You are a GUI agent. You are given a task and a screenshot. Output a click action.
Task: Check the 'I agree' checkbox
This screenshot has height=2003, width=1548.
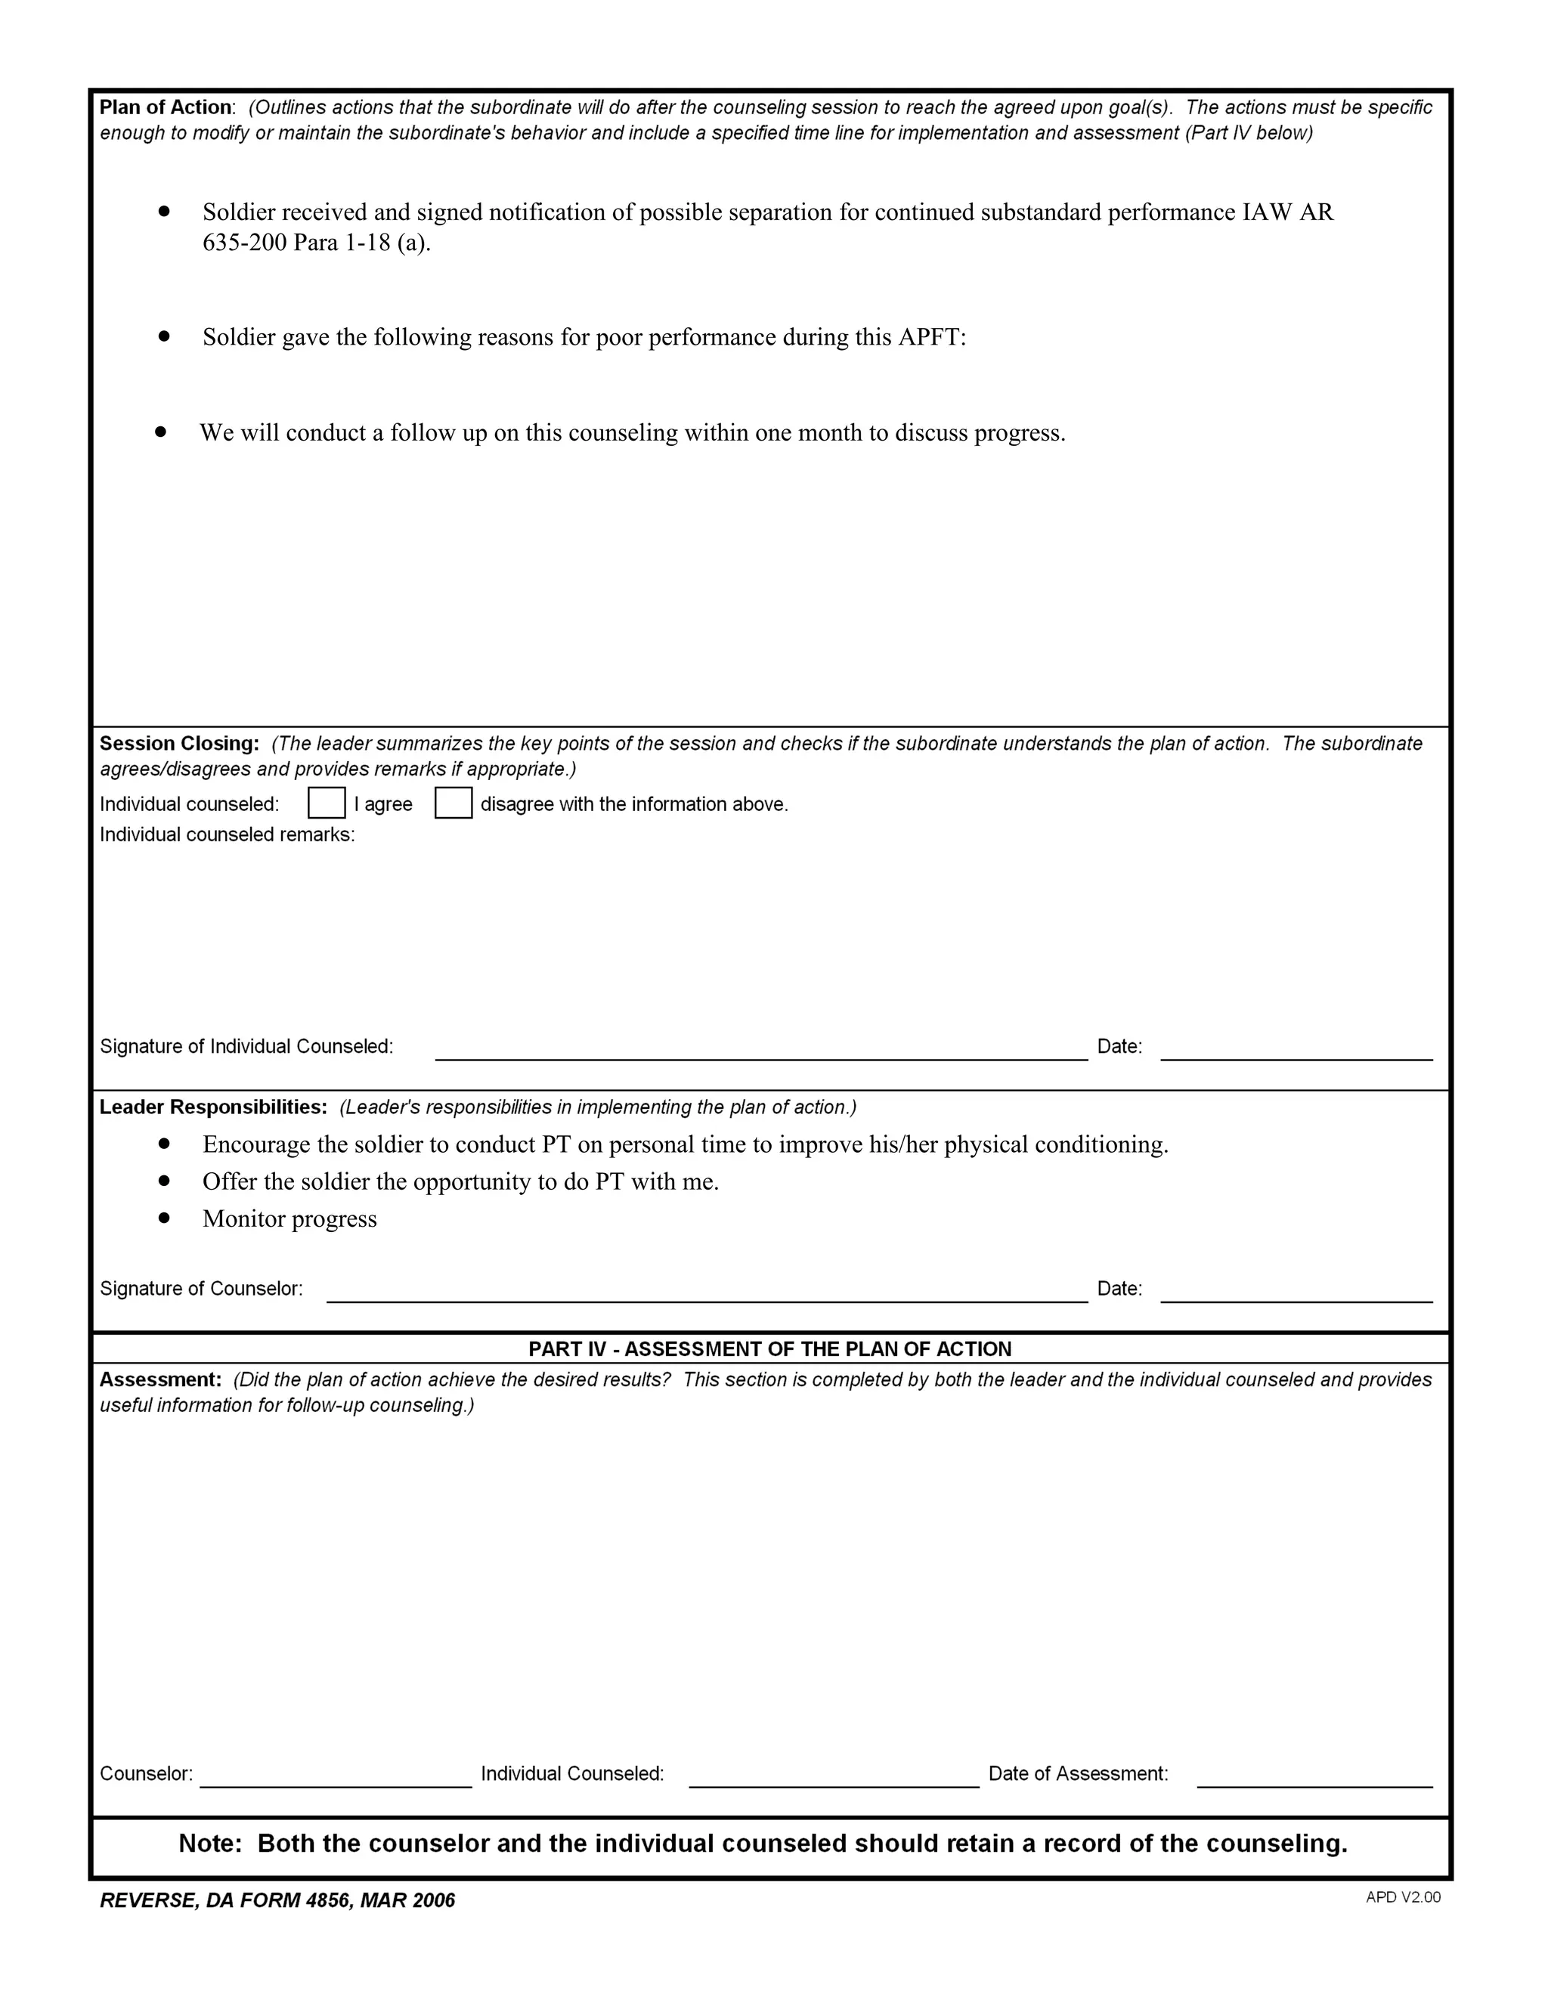click(327, 803)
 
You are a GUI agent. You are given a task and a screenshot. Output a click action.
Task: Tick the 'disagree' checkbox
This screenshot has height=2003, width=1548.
click(453, 803)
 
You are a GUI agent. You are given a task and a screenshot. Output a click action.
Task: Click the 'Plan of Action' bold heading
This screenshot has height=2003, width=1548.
click(165, 107)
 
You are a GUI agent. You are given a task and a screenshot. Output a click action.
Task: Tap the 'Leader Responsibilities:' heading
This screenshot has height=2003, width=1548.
click(212, 1107)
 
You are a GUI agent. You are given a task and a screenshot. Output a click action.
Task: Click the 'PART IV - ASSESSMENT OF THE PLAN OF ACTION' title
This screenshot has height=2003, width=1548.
click(769, 1348)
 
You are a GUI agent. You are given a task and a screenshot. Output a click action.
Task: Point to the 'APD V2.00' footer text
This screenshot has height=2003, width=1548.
click(1402, 1896)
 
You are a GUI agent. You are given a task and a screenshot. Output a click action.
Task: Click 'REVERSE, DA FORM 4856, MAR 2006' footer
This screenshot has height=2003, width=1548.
click(277, 1900)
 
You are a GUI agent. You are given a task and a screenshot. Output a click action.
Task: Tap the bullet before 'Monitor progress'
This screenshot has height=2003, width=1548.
click(164, 1218)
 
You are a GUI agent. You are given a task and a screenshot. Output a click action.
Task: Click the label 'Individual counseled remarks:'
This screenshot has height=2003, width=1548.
click(227, 834)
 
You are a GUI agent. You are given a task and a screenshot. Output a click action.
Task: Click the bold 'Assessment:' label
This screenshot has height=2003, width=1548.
click(160, 1379)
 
